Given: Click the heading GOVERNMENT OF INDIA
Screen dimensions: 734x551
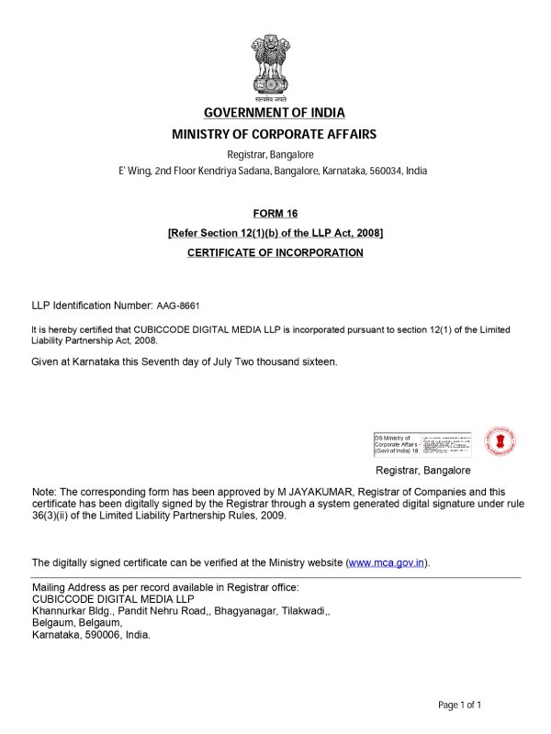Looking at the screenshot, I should click(x=275, y=113).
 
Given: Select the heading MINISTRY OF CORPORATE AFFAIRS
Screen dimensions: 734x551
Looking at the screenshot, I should click(x=275, y=134).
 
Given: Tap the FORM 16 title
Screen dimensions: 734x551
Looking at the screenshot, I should click(x=275, y=214).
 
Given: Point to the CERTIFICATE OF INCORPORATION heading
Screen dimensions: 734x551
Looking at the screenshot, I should click(x=275, y=252).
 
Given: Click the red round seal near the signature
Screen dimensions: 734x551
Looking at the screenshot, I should click(x=499, y=441).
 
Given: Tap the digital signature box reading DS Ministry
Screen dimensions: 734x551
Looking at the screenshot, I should click(x=422, y=444).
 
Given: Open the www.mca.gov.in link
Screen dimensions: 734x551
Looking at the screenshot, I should click(x=387, y=562).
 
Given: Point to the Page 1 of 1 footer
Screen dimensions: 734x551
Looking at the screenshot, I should click(x=459, y=705).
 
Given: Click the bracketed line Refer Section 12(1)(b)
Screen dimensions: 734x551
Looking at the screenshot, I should click(x=275, y=233).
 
